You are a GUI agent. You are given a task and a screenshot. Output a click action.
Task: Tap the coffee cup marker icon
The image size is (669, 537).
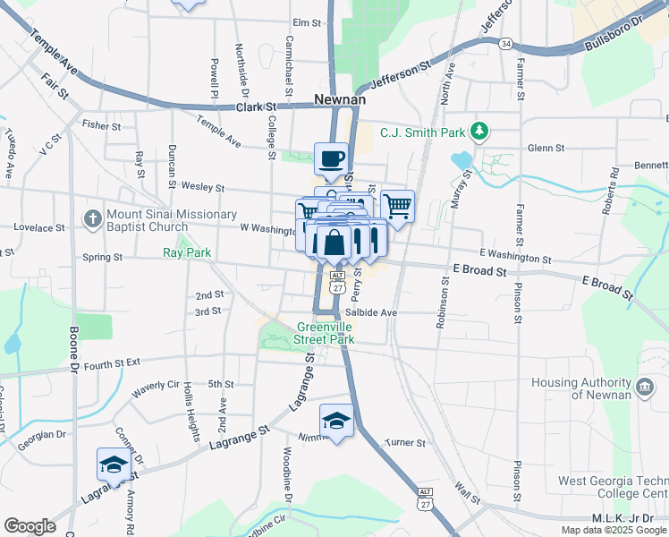(332, 159)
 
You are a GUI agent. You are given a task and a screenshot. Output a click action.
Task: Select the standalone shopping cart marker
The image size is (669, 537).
(397, 207)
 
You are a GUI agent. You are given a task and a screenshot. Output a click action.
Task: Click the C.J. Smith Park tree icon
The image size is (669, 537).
(480, 132)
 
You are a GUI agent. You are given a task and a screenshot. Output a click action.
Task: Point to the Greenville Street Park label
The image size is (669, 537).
(326, 333)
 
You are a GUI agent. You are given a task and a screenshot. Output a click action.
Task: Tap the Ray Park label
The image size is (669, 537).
(187, 252)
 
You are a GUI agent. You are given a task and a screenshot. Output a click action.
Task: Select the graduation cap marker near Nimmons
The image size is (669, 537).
(336, 421)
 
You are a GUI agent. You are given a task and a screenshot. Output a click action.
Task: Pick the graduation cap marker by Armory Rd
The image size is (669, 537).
(113, 465)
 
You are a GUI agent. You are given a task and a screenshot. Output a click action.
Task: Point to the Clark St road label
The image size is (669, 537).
(256, 107)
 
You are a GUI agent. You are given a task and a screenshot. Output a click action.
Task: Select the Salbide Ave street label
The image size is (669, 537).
(370, 313)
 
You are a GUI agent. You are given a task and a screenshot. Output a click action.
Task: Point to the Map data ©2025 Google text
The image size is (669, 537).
(614, 530)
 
